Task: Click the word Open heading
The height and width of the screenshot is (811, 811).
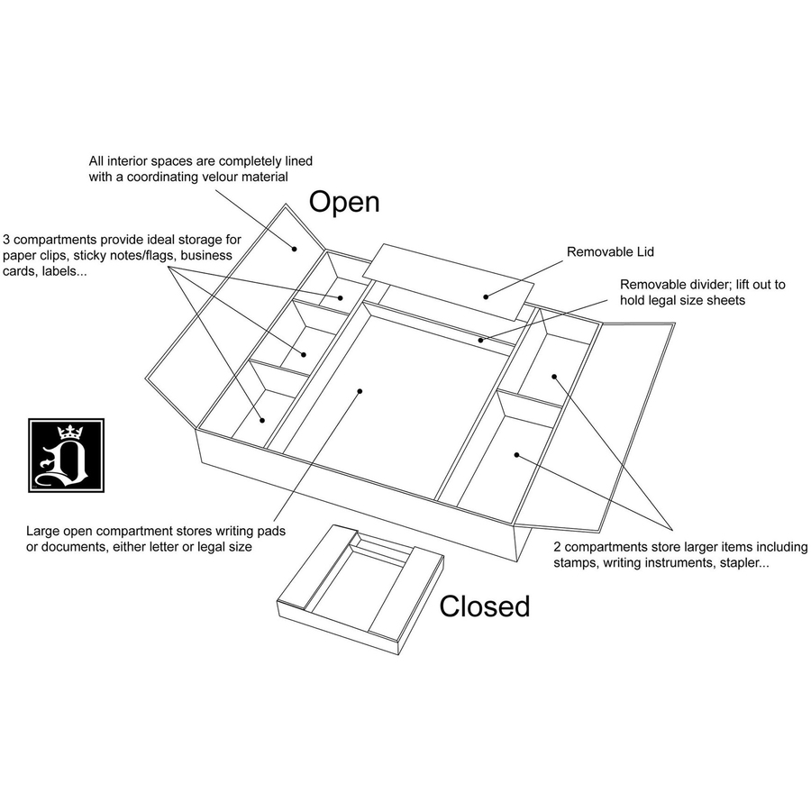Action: tap(344, 203)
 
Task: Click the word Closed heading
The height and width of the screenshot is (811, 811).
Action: tap(485, 606)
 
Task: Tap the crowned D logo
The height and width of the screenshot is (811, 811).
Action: tap(66, 456)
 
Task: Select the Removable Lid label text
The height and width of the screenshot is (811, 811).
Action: tap(610, 252)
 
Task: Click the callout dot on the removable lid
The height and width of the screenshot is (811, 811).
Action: tap(486, 296)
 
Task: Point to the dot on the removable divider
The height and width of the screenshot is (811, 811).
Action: tap(480, 341)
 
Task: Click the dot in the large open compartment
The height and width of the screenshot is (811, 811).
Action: tap(360, 391)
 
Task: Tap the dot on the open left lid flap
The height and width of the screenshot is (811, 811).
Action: tap(295, 249)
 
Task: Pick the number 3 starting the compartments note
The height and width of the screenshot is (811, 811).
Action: tap(6, 240)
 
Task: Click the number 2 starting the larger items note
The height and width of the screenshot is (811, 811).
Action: tap(557, 547)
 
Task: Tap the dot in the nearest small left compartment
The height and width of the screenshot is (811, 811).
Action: tap(262, 421)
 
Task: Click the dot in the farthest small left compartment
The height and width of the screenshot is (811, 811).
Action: tap(341, 298)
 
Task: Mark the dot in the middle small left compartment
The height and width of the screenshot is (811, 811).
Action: tap(304, 354)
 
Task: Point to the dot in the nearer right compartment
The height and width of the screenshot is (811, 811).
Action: tap(516, 455)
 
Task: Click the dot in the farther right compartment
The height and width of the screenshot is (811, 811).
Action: tap(554, 377)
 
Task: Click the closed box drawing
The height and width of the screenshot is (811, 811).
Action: tap(360, 589)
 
